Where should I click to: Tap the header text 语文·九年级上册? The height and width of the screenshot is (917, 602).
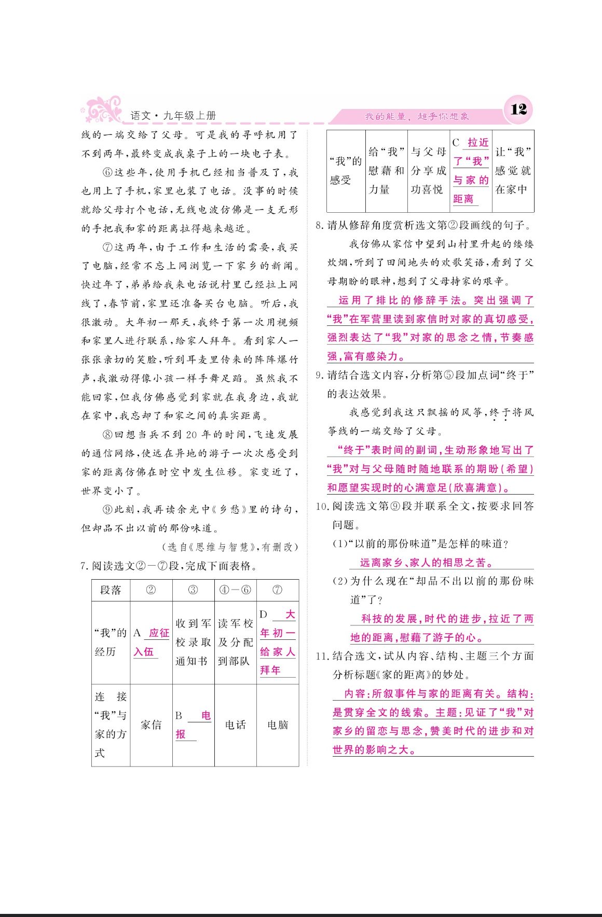point(173,116)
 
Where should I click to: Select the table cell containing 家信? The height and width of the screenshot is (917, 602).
point(151,724)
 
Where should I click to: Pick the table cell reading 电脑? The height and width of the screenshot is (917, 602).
point(278,724)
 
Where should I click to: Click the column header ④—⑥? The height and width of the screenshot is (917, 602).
point(235,590)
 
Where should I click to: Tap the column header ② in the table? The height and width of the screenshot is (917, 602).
point(151,590)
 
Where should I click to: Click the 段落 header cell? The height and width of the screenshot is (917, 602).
point(111,590)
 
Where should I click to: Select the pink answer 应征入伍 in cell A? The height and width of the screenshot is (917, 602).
point(151,642)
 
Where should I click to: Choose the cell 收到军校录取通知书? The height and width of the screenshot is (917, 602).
point(193,642)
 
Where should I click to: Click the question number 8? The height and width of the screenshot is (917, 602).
point(319,226)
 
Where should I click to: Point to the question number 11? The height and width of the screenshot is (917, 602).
point(322,656)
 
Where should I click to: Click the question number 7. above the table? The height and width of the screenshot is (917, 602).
point(85,566)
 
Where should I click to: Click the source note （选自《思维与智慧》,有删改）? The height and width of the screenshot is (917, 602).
point(230,547)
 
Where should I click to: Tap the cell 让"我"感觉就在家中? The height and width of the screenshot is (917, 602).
point(513,171)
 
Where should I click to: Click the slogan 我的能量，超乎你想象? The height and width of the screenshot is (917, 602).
point(417,117)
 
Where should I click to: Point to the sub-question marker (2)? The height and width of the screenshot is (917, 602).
point(340,581)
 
